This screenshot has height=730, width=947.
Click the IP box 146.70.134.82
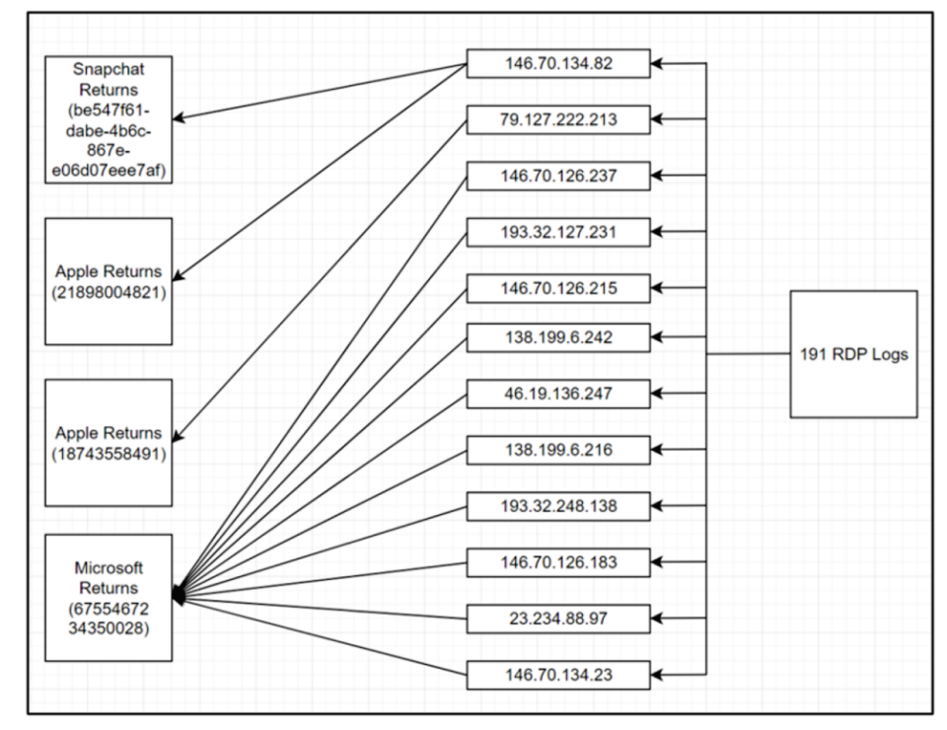(x=558, y=63)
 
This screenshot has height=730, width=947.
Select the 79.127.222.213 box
(x=558, y=119)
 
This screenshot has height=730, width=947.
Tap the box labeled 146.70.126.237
(x=558, y=176)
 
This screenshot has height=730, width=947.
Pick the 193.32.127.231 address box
(x=558, y=232)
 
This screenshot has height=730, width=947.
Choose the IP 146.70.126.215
(x=558, y=288)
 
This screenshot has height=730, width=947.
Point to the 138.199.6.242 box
(x=558, y=337)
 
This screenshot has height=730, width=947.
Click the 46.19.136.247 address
(x=558, y=394)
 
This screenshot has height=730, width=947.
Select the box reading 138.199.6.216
(x=558, y=450)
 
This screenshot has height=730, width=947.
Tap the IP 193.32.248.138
(x=558, y=506)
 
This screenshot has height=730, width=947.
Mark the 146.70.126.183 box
(x=558, y=562)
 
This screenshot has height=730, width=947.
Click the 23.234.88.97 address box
(x=558, y=619)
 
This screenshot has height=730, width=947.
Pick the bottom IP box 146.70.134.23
(x=558, y=675)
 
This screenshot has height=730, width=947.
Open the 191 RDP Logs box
(x=853, y=354)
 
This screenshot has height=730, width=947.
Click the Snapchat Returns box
(x=109, y=119)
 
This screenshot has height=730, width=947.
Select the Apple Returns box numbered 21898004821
(x=109, y=281)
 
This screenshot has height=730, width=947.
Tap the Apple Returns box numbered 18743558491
(x=109, y=443)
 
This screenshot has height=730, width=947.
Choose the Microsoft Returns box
(x=109, y=598)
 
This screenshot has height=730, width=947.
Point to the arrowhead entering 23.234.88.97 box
(x=657, y=619)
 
